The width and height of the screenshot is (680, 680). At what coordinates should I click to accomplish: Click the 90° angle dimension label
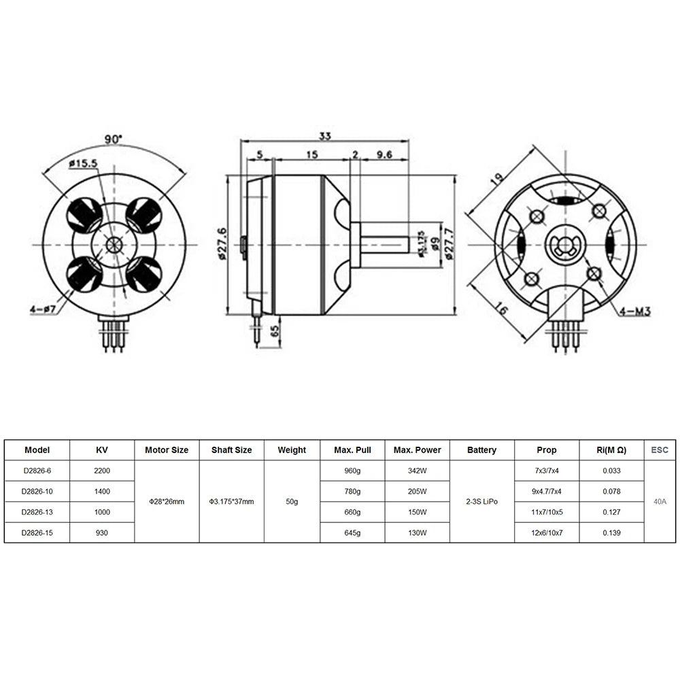[x=113, y=139]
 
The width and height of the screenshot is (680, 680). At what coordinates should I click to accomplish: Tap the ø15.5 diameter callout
[x=84, y=163]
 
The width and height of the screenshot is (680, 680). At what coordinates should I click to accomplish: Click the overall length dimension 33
[x=325, y=136]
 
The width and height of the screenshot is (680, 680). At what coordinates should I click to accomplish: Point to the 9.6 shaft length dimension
[x=384, y=155]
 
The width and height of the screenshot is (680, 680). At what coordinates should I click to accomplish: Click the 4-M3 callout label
[x=636, y=311]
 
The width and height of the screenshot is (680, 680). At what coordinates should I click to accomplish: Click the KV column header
[x=102, y=449]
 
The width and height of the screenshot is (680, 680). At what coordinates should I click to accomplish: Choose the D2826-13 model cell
[x=37, y=512]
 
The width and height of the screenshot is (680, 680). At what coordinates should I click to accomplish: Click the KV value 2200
[x=102, y=471]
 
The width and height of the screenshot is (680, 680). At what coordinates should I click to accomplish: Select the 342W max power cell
[x=417, y=471]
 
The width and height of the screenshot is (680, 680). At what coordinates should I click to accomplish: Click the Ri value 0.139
[x=611, y=533]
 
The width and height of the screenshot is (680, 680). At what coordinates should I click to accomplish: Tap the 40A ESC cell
[x=660, y=502]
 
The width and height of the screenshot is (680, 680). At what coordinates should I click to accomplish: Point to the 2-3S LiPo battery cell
[x=482, y=502]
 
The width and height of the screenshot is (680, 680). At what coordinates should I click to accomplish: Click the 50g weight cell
[x=292, y=502]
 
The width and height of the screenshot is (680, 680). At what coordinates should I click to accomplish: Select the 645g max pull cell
[x=352, y=533]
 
